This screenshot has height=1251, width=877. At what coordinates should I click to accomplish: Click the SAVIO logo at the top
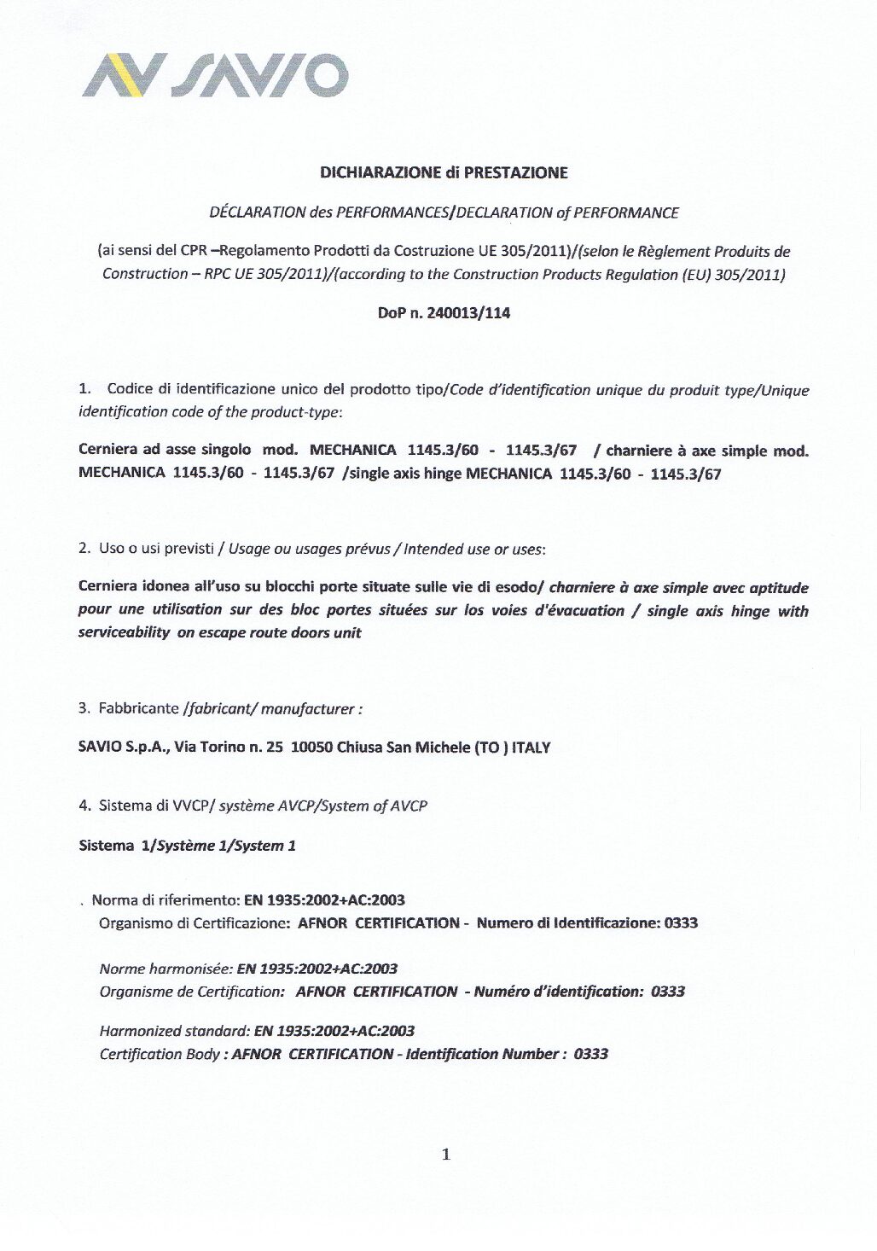215,75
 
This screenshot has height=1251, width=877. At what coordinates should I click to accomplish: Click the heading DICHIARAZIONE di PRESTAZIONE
444,173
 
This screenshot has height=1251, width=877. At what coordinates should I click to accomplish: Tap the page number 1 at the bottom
445,1155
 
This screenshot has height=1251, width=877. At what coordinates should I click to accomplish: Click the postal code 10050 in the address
311,748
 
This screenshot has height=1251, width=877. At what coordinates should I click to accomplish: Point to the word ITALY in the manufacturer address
531,748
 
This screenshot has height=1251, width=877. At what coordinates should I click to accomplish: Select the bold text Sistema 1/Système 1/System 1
187,846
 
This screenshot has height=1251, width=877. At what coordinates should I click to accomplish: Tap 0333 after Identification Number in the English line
590,1054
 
